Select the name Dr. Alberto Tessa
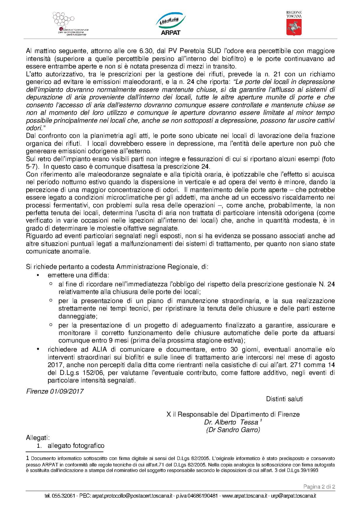[231, 422]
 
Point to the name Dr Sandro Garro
[233, 430]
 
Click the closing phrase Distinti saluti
[284, 399]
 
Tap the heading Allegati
[38, 438]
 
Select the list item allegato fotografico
[76, 445]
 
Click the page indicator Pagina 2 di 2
[319, 487]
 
